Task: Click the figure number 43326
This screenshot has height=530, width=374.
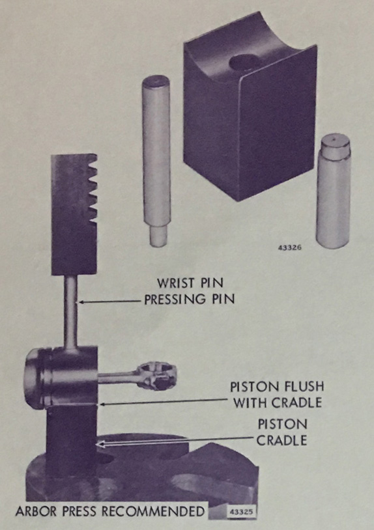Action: [289, 248]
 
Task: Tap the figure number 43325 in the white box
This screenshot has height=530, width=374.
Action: [241, 511]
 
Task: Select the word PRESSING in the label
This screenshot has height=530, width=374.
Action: [175, 299]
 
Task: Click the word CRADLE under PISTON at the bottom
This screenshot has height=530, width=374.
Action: [282, 440]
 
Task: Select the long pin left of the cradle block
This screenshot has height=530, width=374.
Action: [156, 161]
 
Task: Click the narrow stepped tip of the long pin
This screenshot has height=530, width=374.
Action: [158, 236]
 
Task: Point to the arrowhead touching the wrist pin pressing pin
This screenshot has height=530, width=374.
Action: [81, 302]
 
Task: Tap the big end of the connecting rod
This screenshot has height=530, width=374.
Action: [156, 376]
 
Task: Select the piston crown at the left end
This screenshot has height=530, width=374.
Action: [34, 378]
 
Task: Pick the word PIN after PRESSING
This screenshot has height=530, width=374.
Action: [222, 299]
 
